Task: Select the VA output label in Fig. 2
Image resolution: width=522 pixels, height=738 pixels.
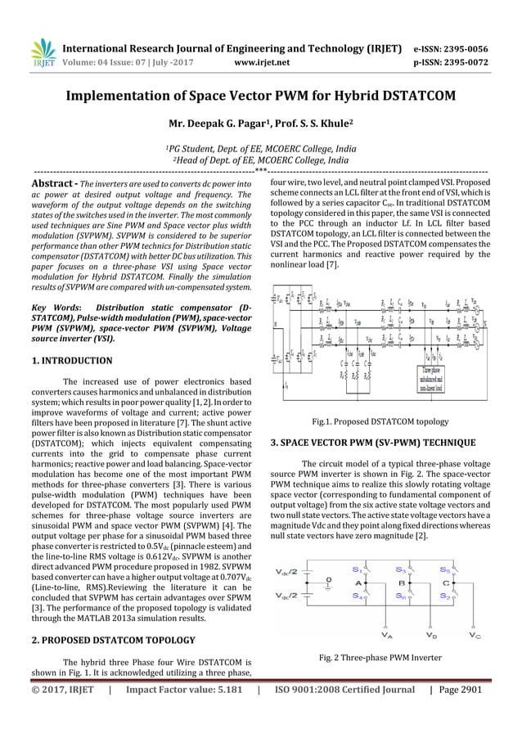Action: tap(385, 633)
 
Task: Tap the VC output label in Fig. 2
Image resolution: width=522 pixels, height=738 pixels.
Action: tap(475, 633)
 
